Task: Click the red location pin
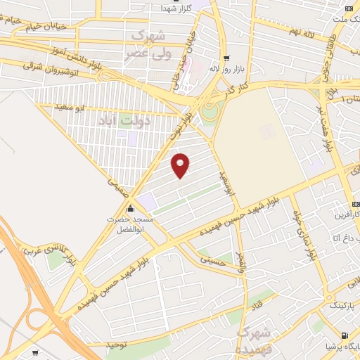(x=181, y=165)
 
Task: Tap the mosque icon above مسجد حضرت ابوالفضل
(x=130, y=208)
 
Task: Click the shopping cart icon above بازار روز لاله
(x=226, y=58)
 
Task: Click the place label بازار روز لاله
(x=226, y=69)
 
